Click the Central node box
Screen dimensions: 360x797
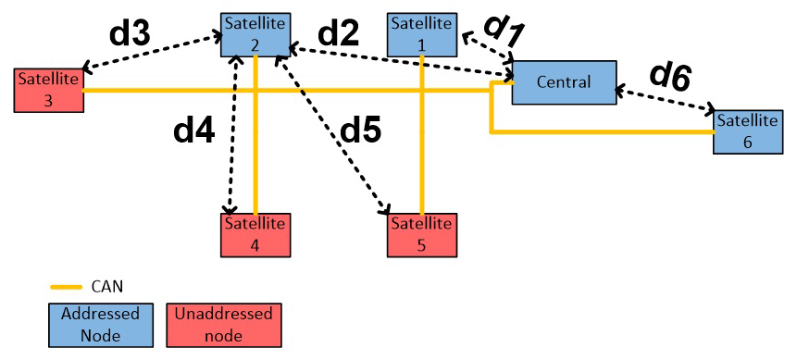point(564,83)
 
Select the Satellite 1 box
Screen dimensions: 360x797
point(421,34)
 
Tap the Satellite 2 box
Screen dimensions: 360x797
point(255,35)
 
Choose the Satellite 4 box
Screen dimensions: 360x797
point(256,234)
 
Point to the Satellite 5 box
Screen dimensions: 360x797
point(421,234)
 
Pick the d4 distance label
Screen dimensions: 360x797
point(194,131)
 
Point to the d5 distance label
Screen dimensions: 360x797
point(360,131)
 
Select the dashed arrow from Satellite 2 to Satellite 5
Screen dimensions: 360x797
point(332,134)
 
